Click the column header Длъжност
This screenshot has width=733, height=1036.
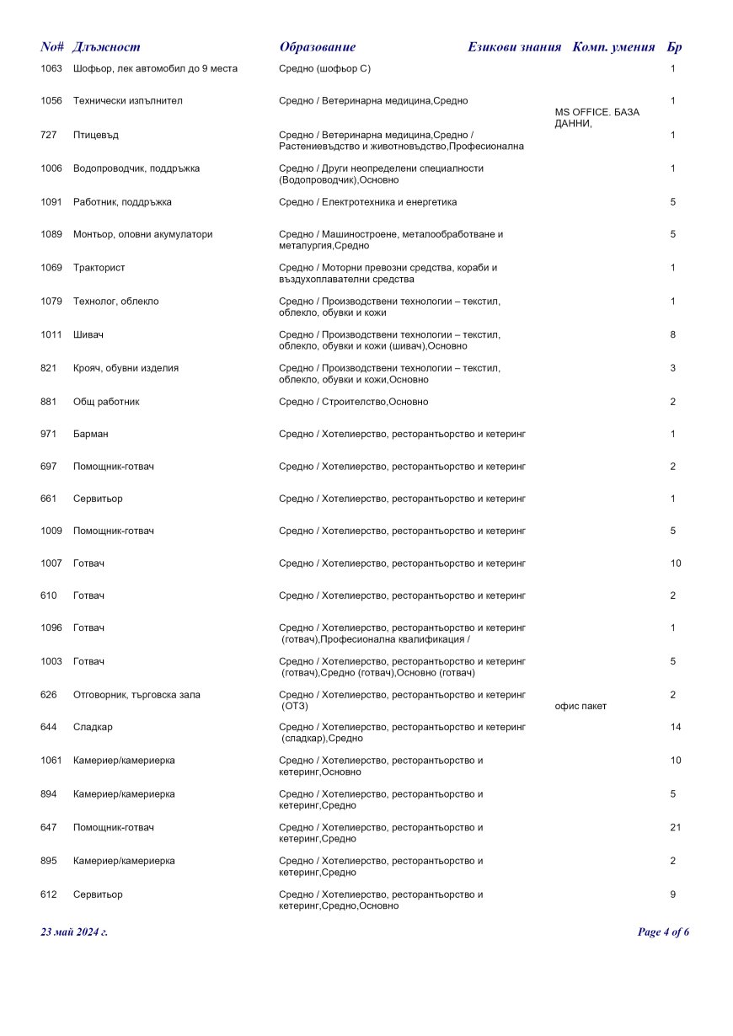[x=106, y=47]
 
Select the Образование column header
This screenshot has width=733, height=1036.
[x=317, y=47]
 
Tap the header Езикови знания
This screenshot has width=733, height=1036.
[x=514, y=47]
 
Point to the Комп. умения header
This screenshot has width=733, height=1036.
[x=613, y=47]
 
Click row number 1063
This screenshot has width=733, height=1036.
[x=51, y=68]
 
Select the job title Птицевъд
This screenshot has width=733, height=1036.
[x=95, y=135]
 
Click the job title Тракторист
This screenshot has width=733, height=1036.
[x=99, y=268]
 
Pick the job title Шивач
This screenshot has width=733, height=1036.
[x=88, y=335]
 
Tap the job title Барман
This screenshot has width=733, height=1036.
[x=90, y=434]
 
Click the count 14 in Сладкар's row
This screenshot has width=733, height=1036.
[x=676, y=727]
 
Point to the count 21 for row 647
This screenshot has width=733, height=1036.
[x=676, y=827]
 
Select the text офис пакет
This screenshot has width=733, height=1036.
[x=581, y=706]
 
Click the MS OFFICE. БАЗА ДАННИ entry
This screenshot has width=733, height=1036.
[x=597, y=118]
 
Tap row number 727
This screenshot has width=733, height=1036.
[x=48, y=135]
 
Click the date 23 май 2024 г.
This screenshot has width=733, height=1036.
[x=74, y=932]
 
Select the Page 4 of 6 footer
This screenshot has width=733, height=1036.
[x=663, y=932]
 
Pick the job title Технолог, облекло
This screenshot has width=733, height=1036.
[x=115, y=302]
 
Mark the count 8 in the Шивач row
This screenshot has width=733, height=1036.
[x=673, y=335]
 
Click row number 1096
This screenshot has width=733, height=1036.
[x=51, y=627]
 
